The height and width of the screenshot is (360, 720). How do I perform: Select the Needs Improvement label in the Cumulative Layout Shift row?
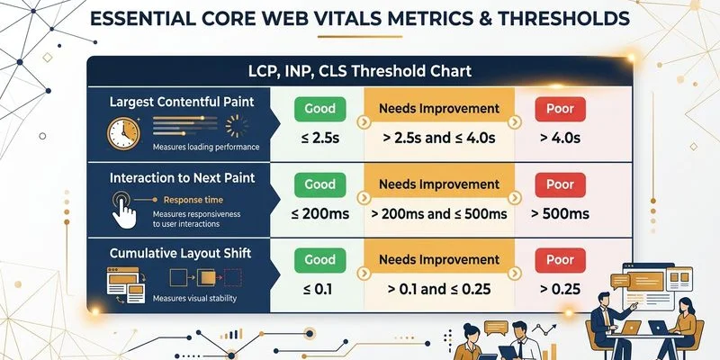[x=438, y=261]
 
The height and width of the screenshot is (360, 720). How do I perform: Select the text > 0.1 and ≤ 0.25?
[x=438, y=290]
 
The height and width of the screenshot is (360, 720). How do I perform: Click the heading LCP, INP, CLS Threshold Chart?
[x=360, y=70]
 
